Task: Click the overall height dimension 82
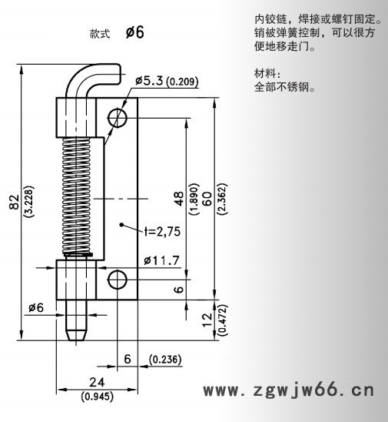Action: pos(13,203)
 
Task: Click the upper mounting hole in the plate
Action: pos(118,117)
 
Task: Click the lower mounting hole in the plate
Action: pos(118,280)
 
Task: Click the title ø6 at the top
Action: pos(134,32)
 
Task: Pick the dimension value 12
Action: pos(207,320)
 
